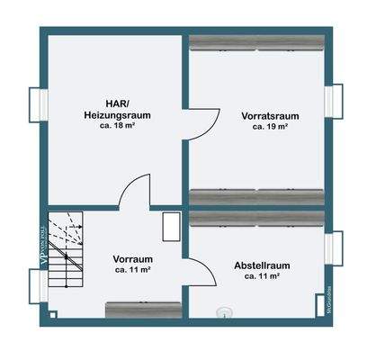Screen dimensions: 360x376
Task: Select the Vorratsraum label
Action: tap(269, 116)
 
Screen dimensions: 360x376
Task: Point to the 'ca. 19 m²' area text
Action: tap(269, 128)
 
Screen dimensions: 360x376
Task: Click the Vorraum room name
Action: tap(131, 257)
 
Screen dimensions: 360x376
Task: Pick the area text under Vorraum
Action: tap(131, 269)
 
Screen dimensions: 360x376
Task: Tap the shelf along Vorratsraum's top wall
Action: tap(256, 40)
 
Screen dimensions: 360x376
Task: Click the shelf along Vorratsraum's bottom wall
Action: tap(256, 195)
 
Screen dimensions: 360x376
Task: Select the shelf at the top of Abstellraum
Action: tap(256, 219)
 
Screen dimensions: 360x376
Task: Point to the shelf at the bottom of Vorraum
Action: tap(142, 310)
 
